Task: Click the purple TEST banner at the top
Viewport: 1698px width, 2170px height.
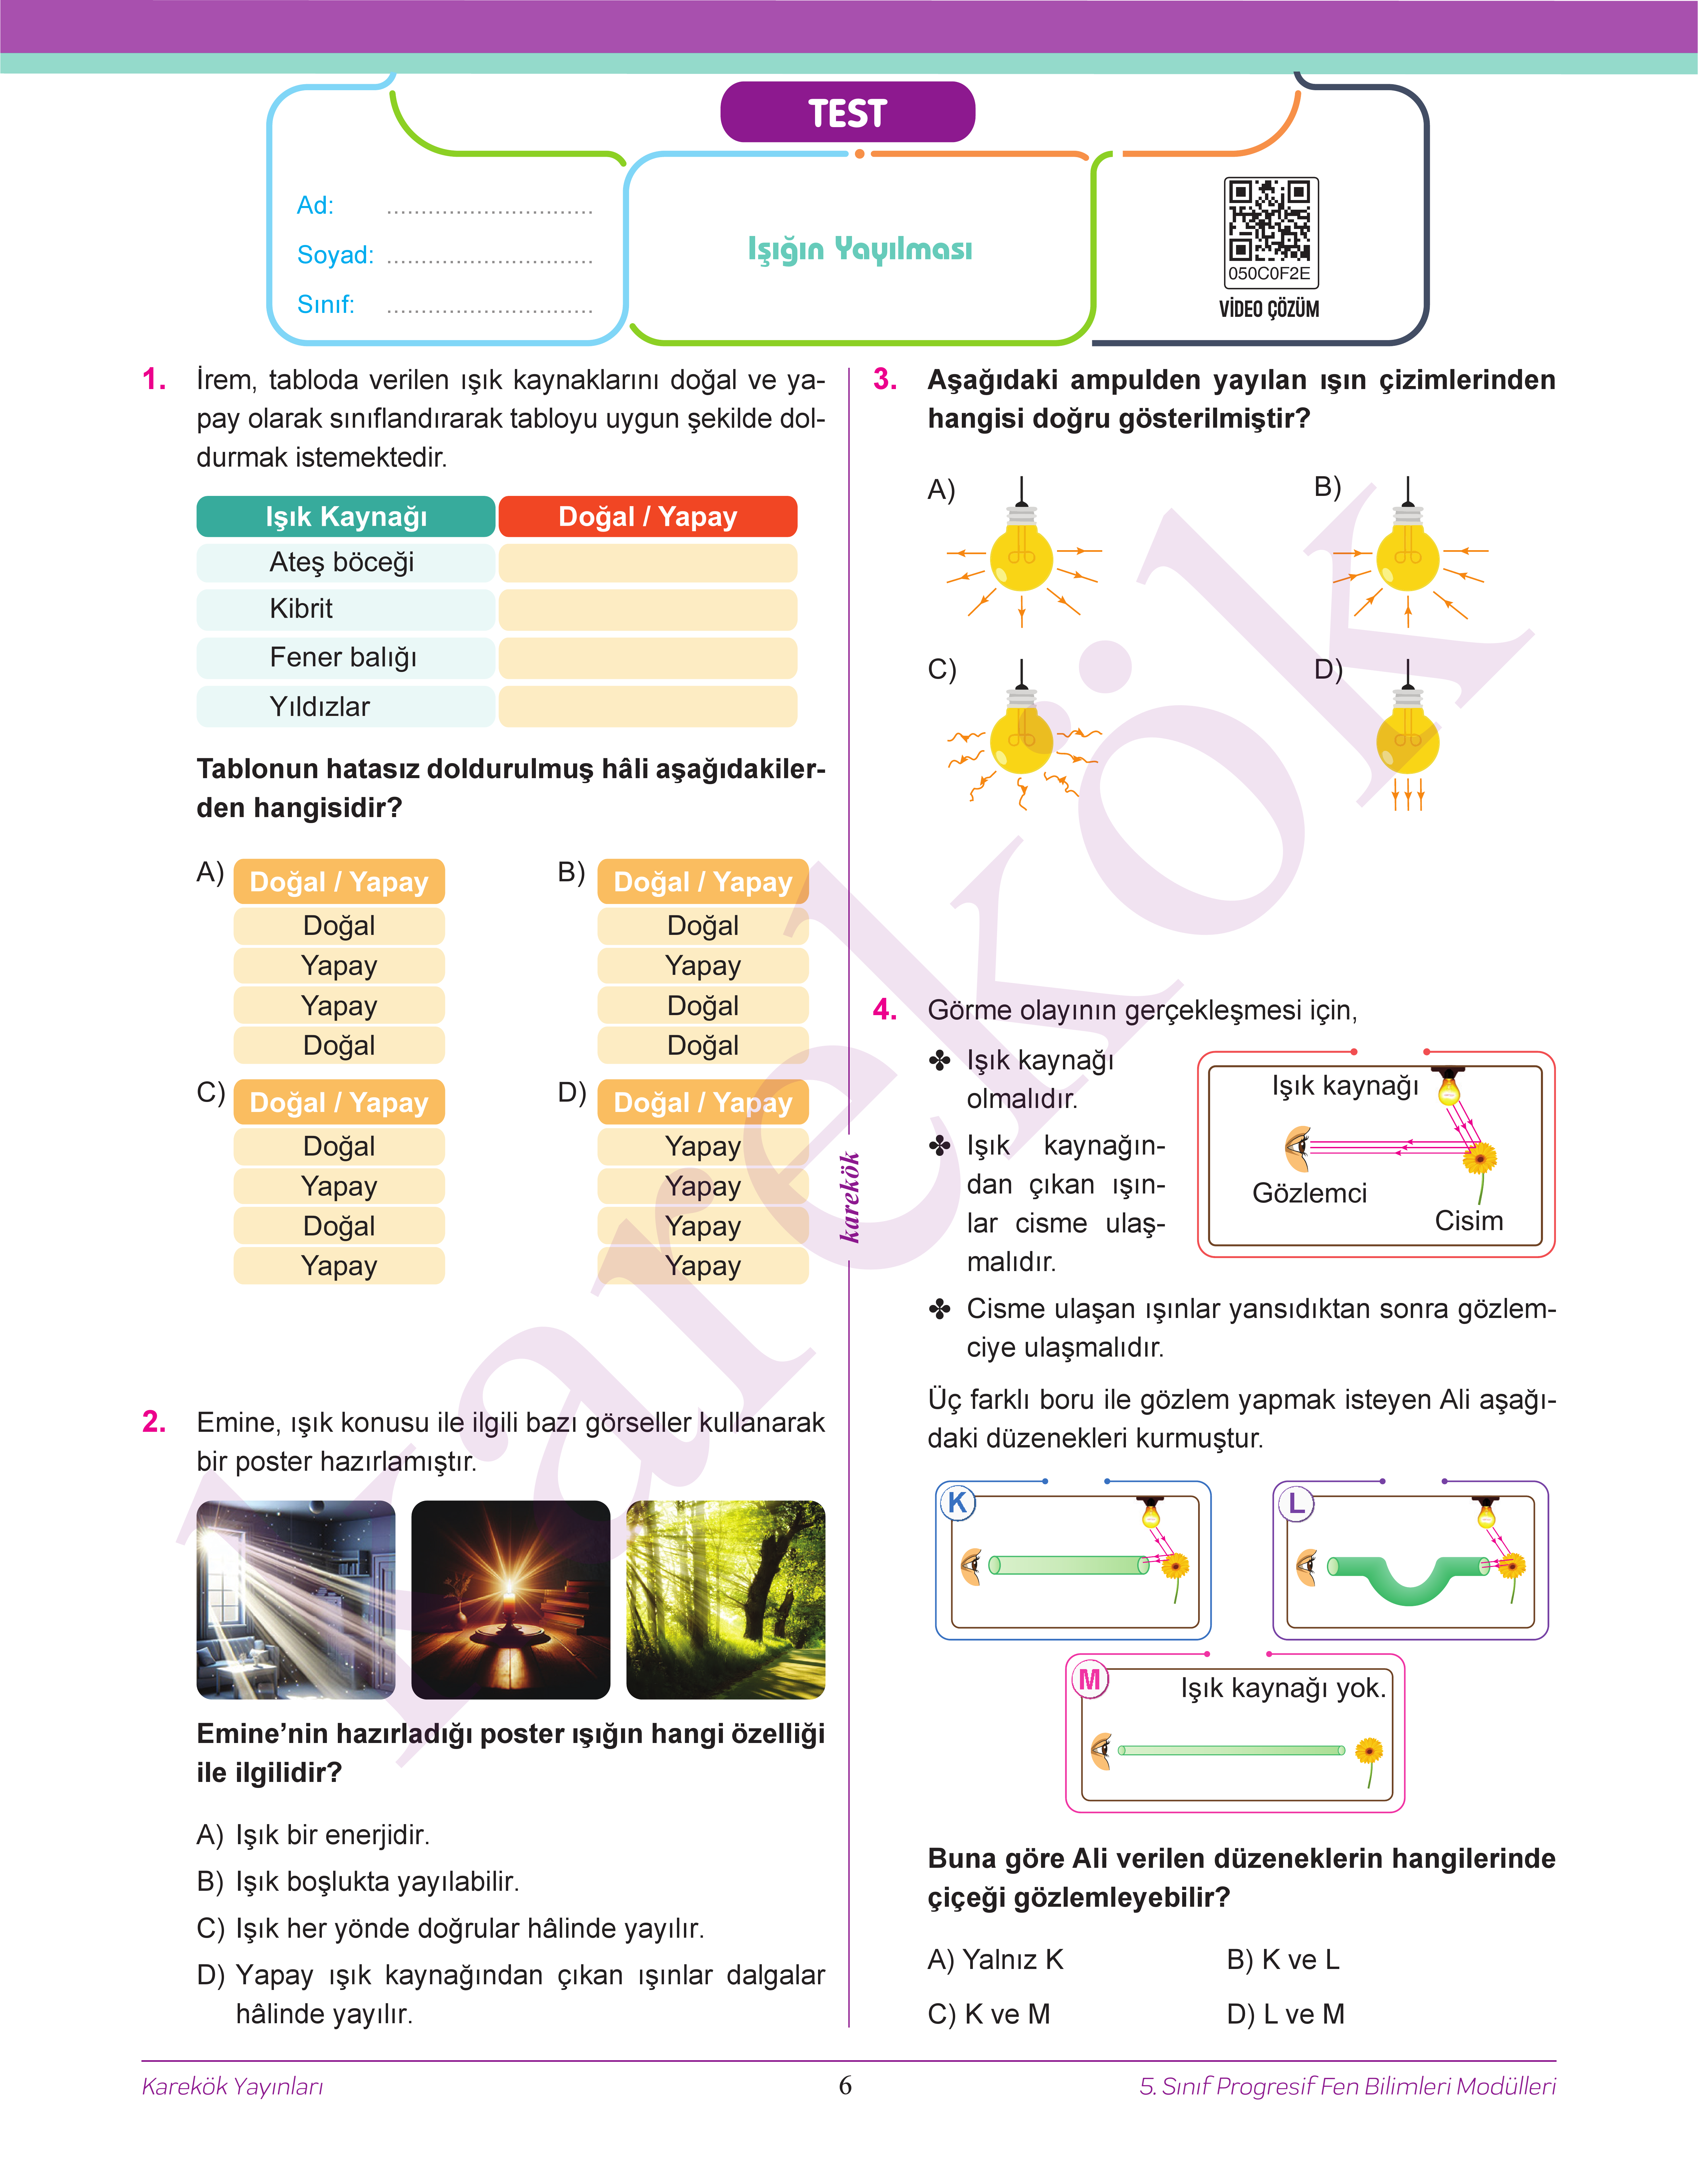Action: click(847, 112)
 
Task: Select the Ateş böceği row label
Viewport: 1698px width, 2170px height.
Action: click(342, 562)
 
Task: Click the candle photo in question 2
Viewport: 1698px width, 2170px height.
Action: click(510, 1600)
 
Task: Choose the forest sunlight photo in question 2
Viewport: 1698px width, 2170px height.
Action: click(726, 1600)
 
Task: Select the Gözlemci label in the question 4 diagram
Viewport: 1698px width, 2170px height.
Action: click(1309, 1193)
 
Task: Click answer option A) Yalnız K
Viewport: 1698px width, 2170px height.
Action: click(995, 1959)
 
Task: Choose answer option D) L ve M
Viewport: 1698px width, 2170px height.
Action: click(1285, 2014)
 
